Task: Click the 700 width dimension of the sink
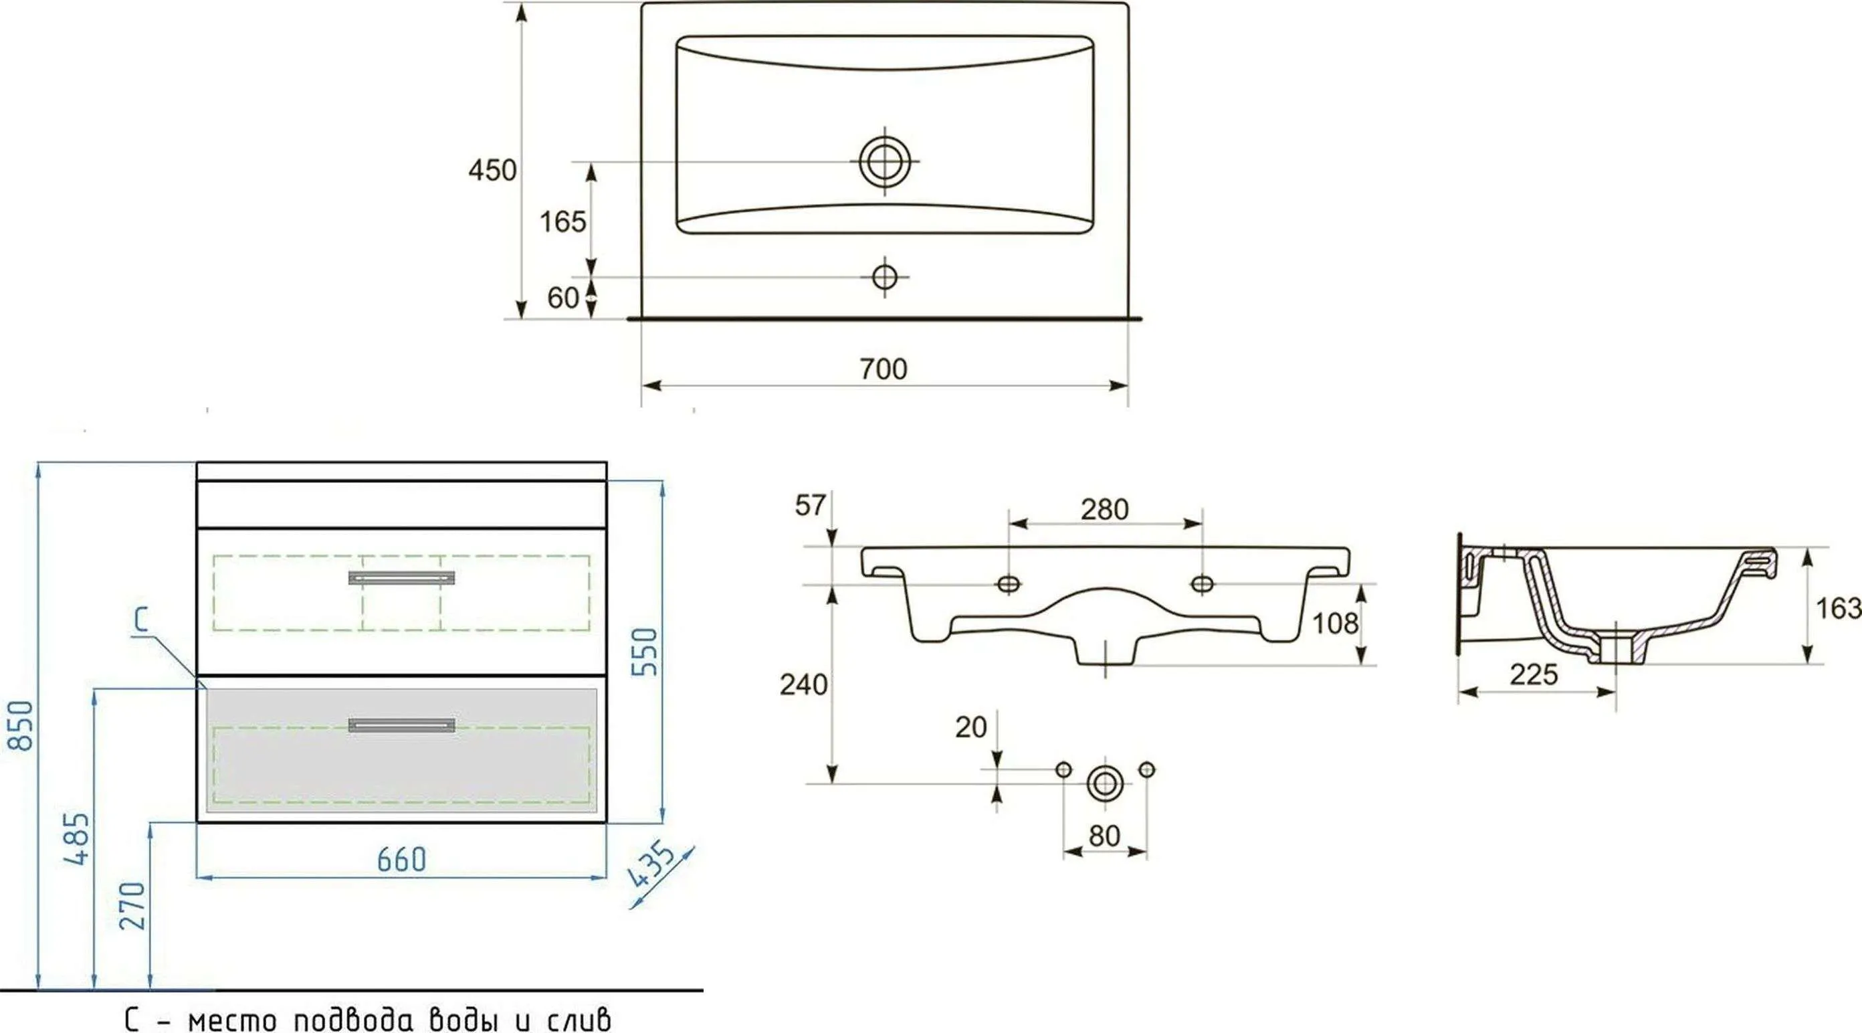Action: (884, 369)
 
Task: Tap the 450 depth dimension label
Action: (492, 171)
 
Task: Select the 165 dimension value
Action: (563, 222)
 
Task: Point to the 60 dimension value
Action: (563, 298)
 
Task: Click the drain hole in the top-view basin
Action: (884, 161)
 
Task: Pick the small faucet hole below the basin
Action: (885, 277)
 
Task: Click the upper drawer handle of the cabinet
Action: (401, 577)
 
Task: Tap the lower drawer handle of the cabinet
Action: (401, 725)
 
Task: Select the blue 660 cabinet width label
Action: (402, 859)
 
